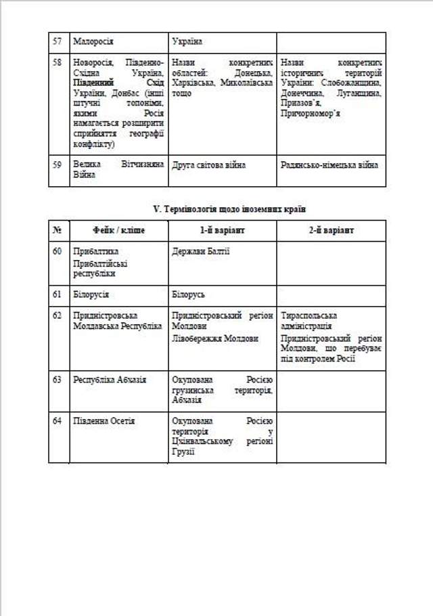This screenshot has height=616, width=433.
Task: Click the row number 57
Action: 58,42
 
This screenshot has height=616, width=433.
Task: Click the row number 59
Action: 58,164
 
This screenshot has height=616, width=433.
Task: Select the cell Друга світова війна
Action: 209,164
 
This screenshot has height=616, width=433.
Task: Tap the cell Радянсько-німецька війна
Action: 329,164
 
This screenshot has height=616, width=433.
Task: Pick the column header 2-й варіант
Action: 331,230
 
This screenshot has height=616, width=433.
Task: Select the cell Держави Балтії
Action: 201,252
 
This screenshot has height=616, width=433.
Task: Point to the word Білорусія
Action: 91,295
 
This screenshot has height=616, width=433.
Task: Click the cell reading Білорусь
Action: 189,295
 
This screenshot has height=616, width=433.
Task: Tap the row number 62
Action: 58,315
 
